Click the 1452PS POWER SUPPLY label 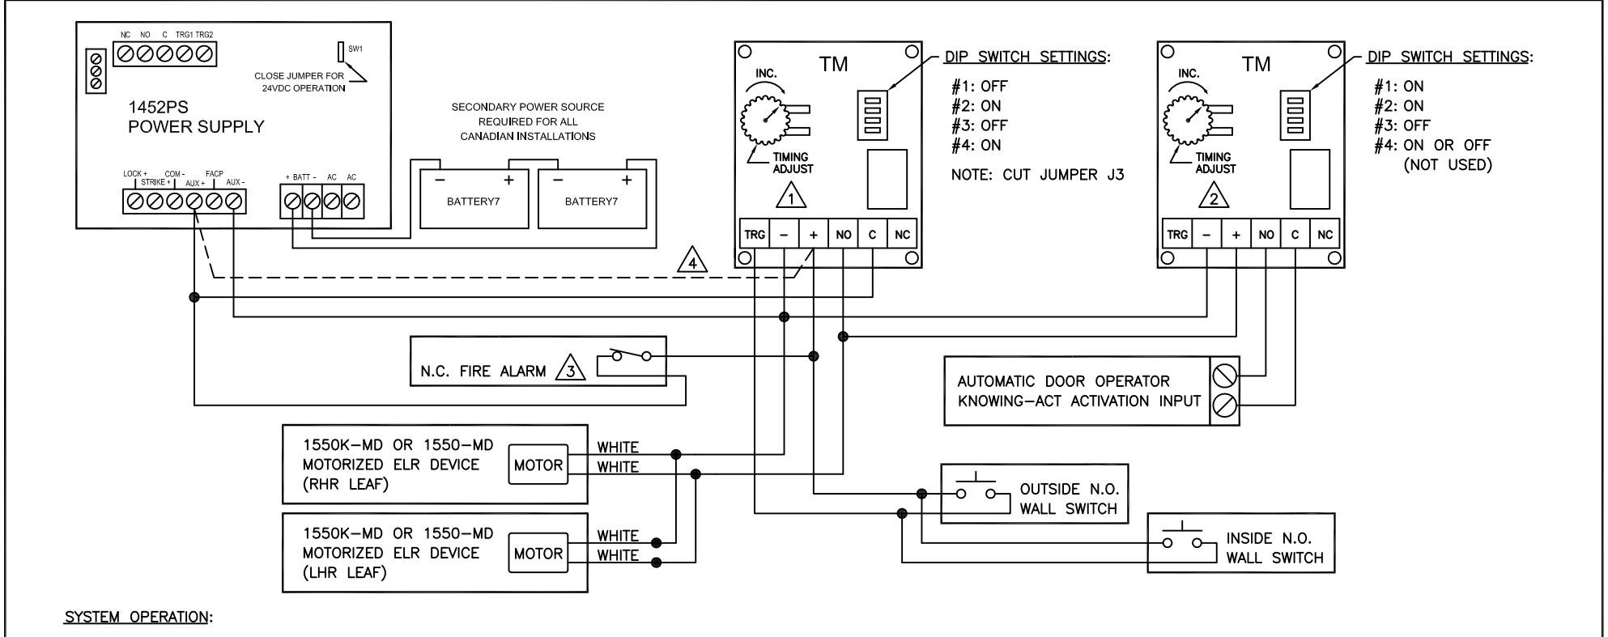pyautogui.click(x=196, y=118)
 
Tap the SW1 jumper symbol pyautogui.click(x=341, y=51)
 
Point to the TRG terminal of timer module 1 pyautogui.click(x=754, y=235)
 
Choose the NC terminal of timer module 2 pyautogui.click(x=1325, y=235)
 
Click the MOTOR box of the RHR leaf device pyautogui.click(x=538, y=465)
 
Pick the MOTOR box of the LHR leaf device pyautogui.click(x=538, y=554)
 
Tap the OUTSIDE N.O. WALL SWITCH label pyautogui.click(x=1068, y=499)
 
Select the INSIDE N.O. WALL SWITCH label pyautogui.click(x=1275, y=548)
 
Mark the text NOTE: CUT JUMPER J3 pyautogui.click(x=1037, y=174)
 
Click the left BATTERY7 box pyautogui.click(x=474, y=195)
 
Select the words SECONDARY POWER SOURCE pyautogui.click(x=527, y=107)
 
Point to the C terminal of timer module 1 pyautogui.click(x=872, y=235)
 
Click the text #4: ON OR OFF pyautogui.click(x=1431, y=146)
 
